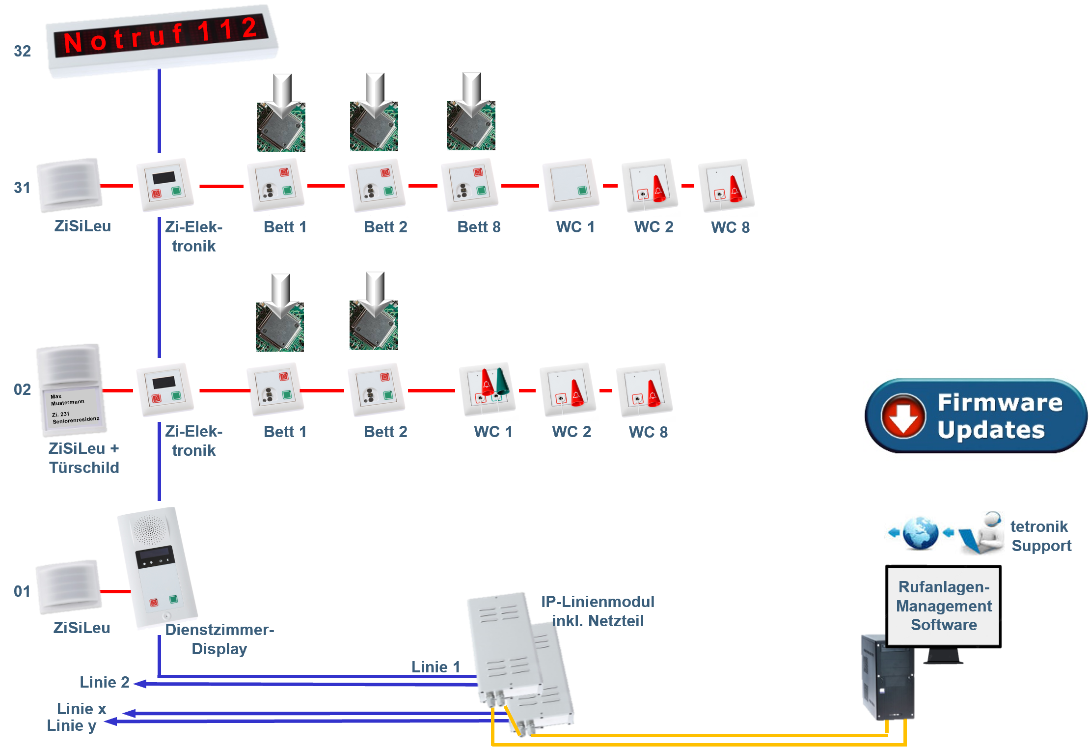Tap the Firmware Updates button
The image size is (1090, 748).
pyautogui.click(x=976, y=416)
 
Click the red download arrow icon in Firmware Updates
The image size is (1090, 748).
pyautogui.click(x=903, y=416)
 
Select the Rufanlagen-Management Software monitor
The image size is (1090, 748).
pyautogui.click(x=943, y=606)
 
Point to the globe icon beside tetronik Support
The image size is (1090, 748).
pyautogui.click(x=920, y=532)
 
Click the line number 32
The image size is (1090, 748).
pyautogui.click(x=23, y=51)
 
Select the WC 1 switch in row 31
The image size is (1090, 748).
pyautogui.click(x=571, y=185)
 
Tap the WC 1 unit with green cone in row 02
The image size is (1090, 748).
pyautogui.click(x=488, y=389)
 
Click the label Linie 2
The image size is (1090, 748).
pyautogui.click(x=105, y=682)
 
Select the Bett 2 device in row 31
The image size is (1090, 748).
pyautogui.click(x=377, y=185)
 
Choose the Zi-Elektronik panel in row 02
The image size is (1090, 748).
pyautogui.click(x=165, y=390)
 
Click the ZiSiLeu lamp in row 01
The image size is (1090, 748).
pyautogui.click(x=69, y=587)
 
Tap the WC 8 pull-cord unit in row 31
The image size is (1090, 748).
pyautogui.click(x=726, y=185)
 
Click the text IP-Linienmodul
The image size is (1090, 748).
pyautogui.click(x=598, y=602)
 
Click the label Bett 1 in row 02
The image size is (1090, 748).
pyautogui.click(x=285, y=432)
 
